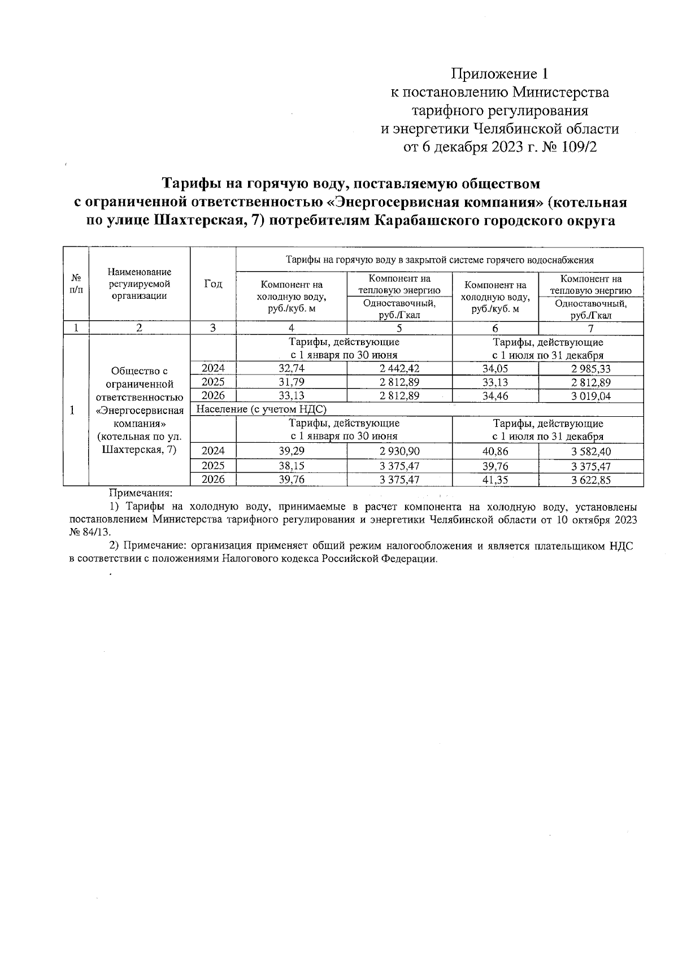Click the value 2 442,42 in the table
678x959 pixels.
pyautogui.click(x=399, y=369)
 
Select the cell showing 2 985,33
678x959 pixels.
pyautogui.click(x=590, y=369)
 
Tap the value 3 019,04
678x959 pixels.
pyautogui.click(x=590, y=396)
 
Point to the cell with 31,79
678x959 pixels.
pyautogui.click(x=292, y=382)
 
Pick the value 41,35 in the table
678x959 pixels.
pyautogui.click(x=495, y=479)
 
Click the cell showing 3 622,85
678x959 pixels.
pyautogui.click(x=590, y=480)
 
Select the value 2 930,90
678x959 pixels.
pyautogui.click(x=399, y=451)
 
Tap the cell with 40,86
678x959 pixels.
pyautogui.click(x=495, y=451)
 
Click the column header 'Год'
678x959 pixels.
pyautogui.click(x=213, y=284)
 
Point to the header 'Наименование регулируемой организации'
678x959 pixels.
pyautogui.click(x=140, y=284)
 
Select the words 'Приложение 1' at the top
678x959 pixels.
pyautogui.click(x=499, y=74)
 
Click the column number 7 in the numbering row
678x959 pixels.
pyautogui.click(x=590, y=328)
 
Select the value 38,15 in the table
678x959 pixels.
pyautogui.click(x=292, y=466)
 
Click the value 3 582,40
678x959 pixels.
pyautogui.click(x=590, y=451)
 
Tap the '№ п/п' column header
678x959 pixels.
pyautogui.click(x=76, y=284)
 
